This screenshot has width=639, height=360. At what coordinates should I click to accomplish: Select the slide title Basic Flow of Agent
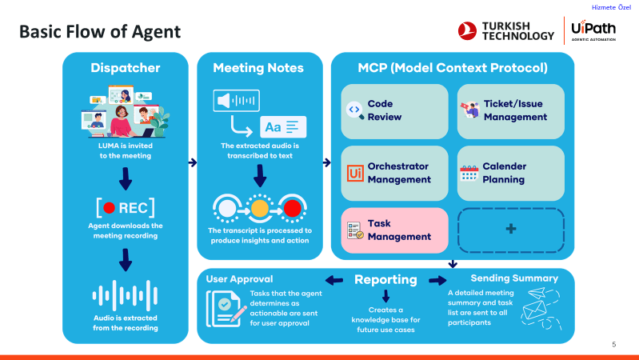coord(100,32)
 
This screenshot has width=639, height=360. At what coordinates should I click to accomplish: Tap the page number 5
coord(613,345)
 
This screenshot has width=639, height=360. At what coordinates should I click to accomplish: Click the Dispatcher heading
coord(126,68)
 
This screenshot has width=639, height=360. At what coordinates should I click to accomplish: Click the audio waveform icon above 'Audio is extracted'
coord(125,296)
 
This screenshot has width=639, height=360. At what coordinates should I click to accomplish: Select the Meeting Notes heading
coord(261,68)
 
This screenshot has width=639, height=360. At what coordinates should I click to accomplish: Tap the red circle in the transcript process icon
coord(293,210)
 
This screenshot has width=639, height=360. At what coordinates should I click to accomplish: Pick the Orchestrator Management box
coord(395,173)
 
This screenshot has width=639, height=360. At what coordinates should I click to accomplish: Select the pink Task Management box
coord(395,231)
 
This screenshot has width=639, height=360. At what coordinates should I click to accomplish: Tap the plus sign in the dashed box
coord(510,229)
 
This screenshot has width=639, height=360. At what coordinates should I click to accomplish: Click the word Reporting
coord(385,280)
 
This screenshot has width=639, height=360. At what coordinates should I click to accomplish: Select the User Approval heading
coord(239,279)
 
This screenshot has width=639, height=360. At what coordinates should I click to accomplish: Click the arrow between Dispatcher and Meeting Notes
coord(192,162)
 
